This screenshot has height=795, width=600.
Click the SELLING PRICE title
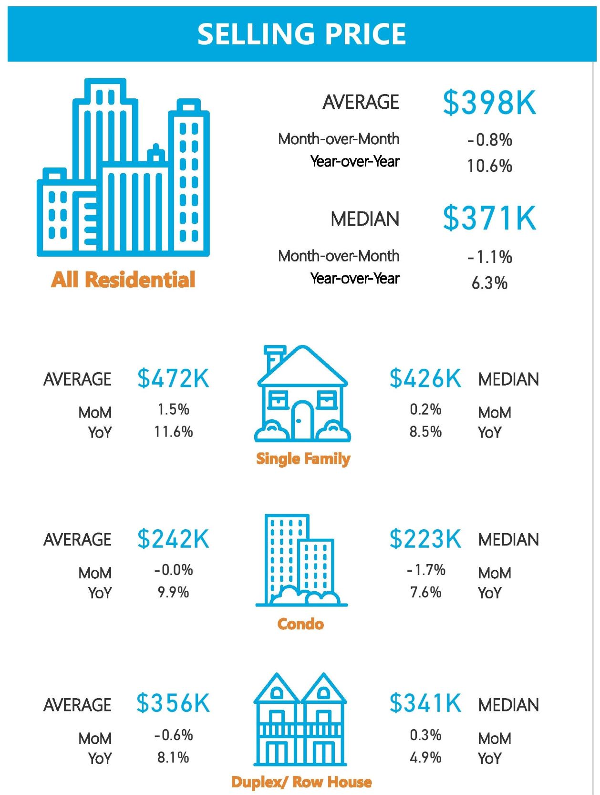pyautogui.click(x=301, y=34)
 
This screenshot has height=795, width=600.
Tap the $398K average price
pyautogui.click(x=489, y=103)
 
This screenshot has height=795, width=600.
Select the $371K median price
pyautogui.click(x=489, y=219)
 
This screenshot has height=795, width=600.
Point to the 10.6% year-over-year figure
pyautogui.click(x=489, y=166)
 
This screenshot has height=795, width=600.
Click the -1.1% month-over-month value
pyautogui.click(x=489, y=257)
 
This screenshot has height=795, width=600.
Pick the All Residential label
pyautogui.click(x=123, y=280)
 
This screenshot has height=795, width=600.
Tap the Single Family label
pyautogui.click(x=303, y=459)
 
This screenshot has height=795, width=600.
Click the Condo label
pyautogui.click(x=300, y=624)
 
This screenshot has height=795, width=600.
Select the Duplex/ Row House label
pyautogui.click(x=301, y=782)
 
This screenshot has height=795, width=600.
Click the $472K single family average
pyautogui.click(x=173, y=378)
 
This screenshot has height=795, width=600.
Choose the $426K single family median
pyautogui.click(x=425, y=378)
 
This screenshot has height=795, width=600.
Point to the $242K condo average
pyautogui.click(x=173, y=539)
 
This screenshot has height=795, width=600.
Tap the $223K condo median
pyautogui.click(x=425, y=539)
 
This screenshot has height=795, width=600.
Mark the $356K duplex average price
pyautogui.click(x=173, y=703)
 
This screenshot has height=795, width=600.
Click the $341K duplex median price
pyautogui.click(x=425, y=703)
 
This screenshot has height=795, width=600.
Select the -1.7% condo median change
pyautogui.click(x=426, y=570)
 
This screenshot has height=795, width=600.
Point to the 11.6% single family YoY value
pyautogui.click(x=173, y=432)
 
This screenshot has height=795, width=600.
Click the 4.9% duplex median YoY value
pyautogui.click(x=425, y=757)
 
